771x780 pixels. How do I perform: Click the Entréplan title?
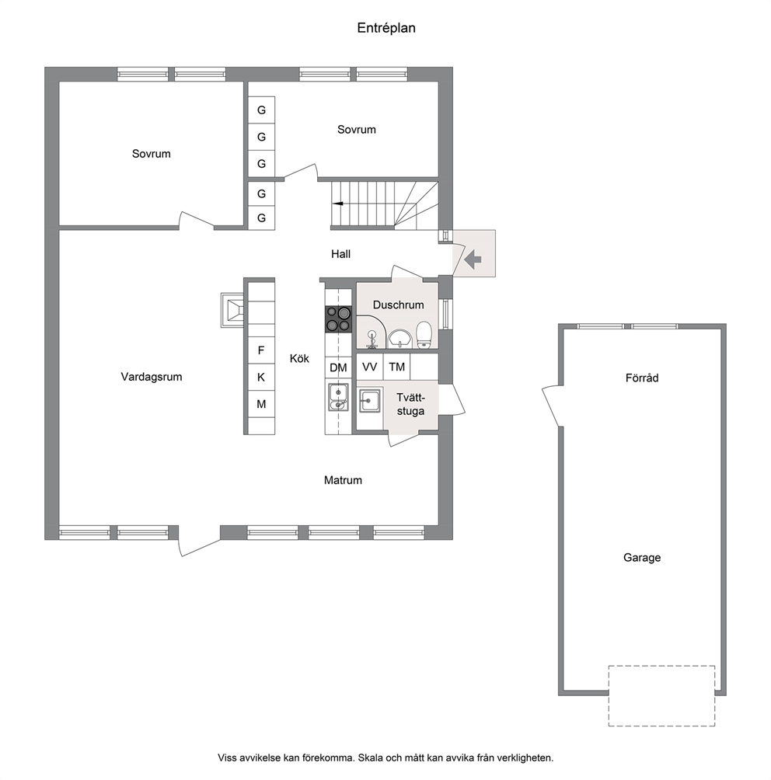(386, 28)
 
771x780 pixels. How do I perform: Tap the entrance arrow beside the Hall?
(473, 259)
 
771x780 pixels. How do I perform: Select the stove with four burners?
(338, 319)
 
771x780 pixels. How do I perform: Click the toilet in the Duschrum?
(424, 334)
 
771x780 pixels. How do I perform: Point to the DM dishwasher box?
(338, 367)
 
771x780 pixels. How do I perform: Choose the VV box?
(370, 367)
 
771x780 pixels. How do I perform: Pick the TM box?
(396, 367)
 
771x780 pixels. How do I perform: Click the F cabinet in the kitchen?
(261, 350)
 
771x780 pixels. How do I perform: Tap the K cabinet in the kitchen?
(261, 378)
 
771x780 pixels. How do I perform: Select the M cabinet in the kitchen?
(261, 404)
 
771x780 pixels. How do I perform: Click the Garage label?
(642, 558)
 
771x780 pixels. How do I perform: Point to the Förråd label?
(642, 378)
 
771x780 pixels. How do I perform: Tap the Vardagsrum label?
(152, 377)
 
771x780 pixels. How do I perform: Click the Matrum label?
(343, 481)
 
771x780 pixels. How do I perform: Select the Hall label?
(341, 254)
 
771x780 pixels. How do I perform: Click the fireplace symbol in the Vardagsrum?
(232, 310)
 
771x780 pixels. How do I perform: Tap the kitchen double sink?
(338, 397)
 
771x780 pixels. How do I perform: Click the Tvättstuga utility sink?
(370, 401)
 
